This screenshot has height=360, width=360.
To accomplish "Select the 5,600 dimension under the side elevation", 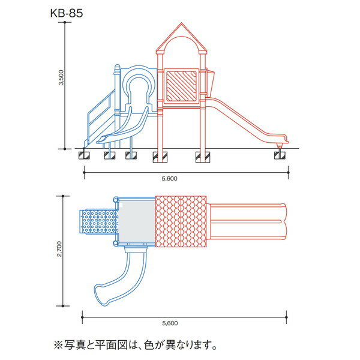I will tap(170, 179).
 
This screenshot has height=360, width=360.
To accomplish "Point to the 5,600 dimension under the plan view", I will tap(170, 323).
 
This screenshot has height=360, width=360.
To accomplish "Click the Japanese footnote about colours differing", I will tap(135, 345).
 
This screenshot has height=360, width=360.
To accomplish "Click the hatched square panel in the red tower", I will tap(182, 86).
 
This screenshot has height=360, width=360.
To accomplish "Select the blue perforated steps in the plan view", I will tap(98, 222).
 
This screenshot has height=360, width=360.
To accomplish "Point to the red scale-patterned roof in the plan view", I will tap(181, 221).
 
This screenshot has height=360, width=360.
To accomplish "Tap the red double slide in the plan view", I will tap(249, 221).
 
